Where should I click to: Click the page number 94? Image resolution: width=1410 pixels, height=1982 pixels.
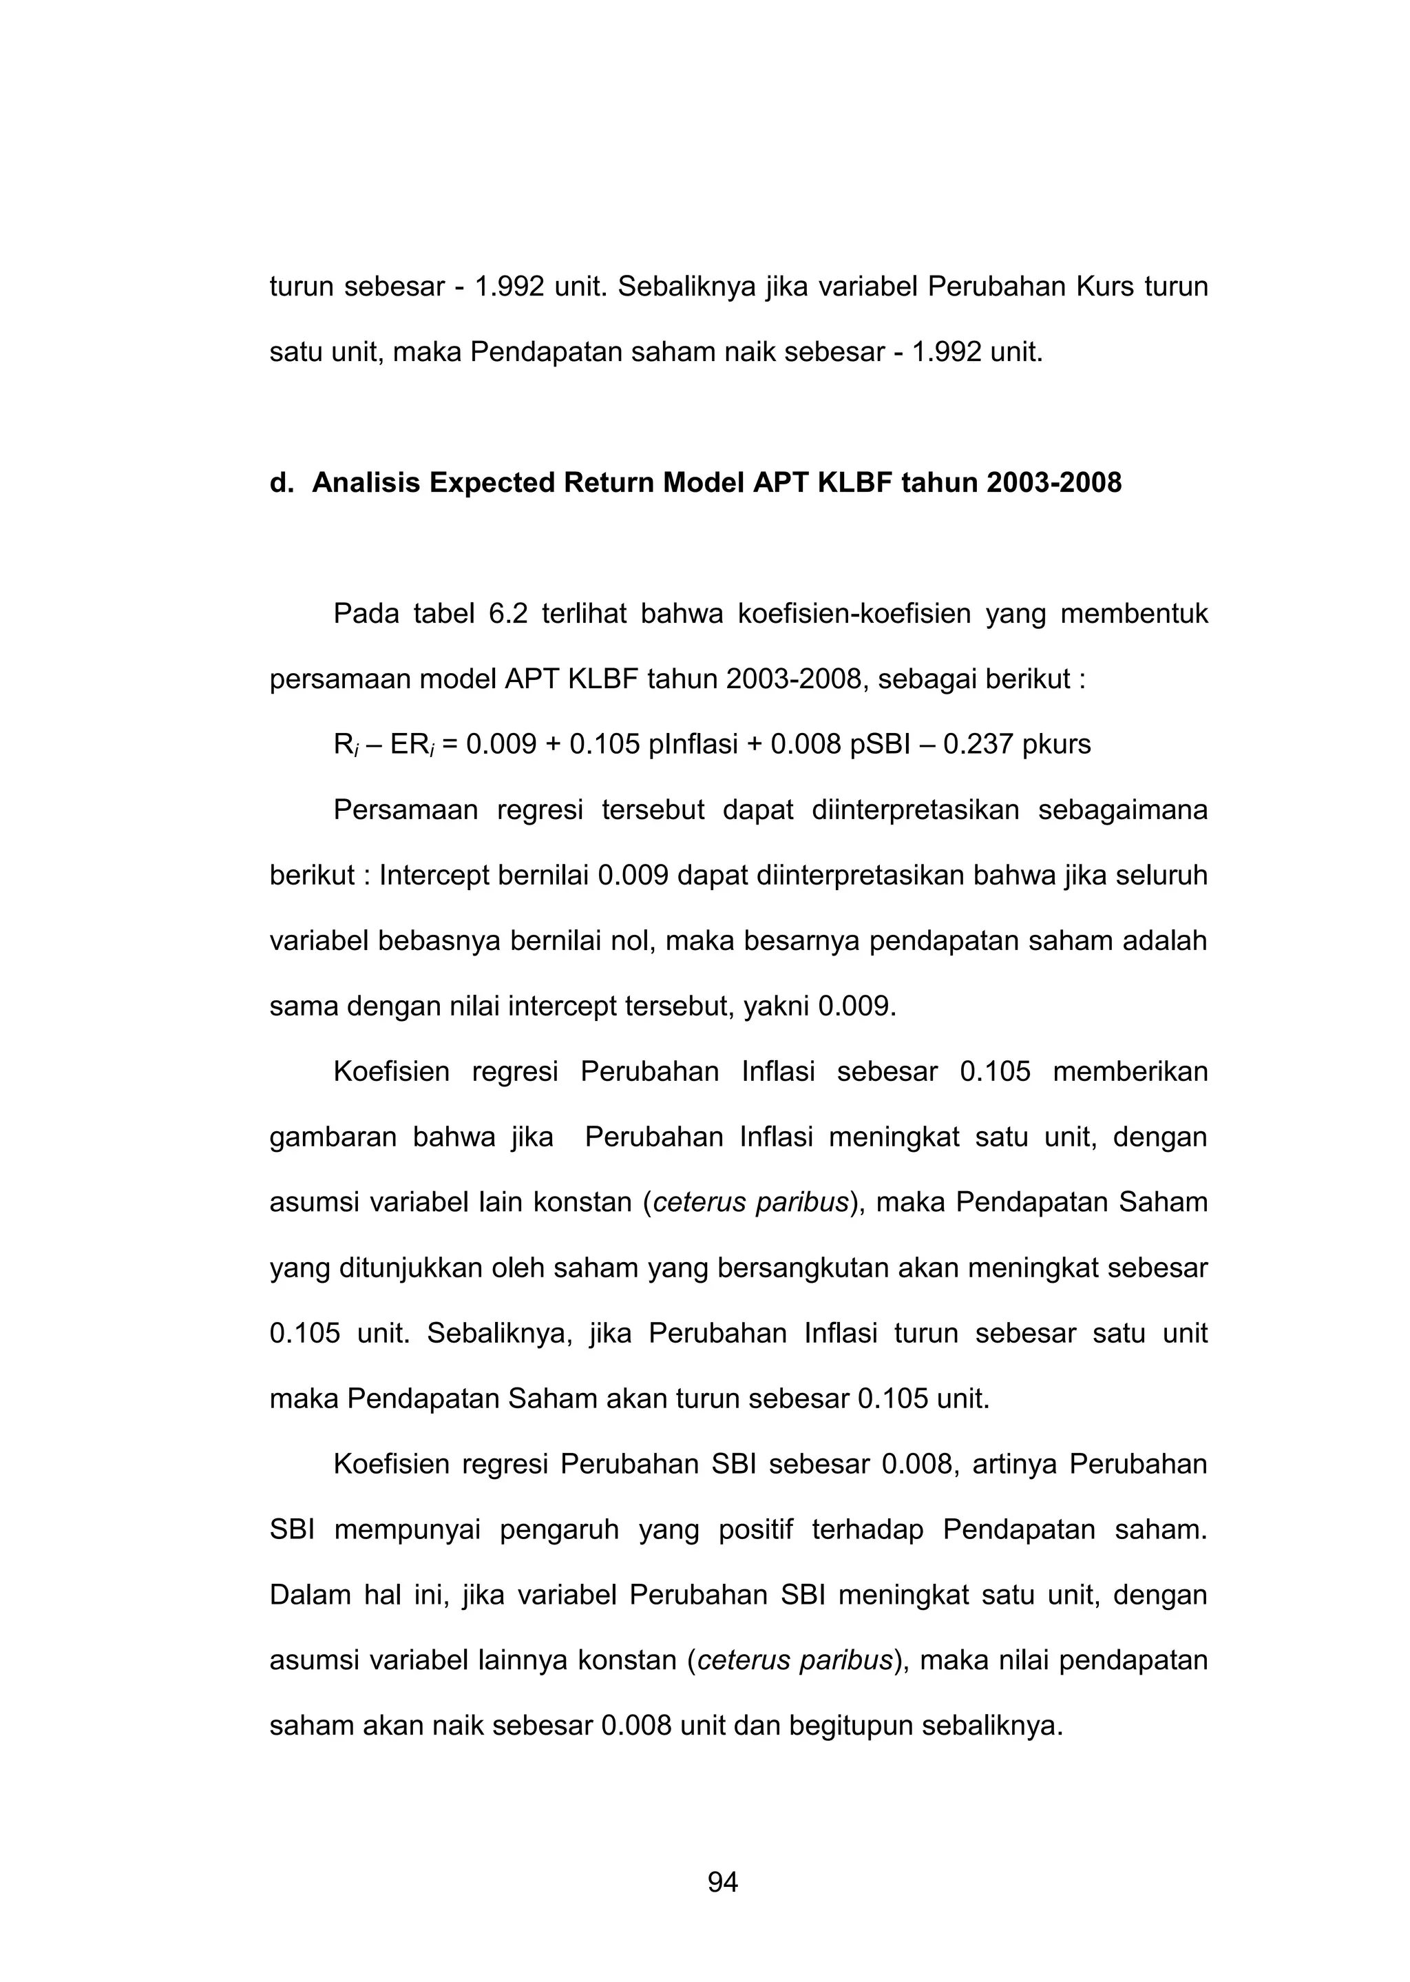click(x=722, y=1882)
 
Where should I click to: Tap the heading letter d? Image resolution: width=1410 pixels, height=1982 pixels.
click(x=279, y=483)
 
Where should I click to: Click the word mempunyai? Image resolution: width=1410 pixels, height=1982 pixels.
click(x=407, y=1529)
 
